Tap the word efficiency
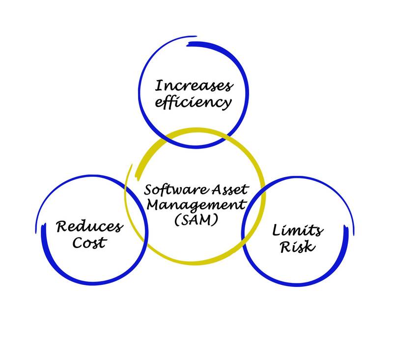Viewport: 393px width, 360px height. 193,103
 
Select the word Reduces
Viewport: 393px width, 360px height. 89,227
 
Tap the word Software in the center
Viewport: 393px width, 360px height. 170,189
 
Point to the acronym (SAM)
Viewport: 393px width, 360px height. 196,221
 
